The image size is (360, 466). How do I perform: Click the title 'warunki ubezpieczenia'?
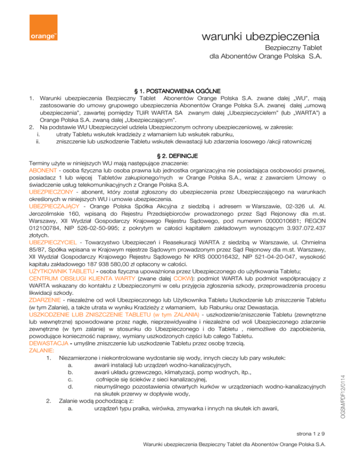260,36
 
